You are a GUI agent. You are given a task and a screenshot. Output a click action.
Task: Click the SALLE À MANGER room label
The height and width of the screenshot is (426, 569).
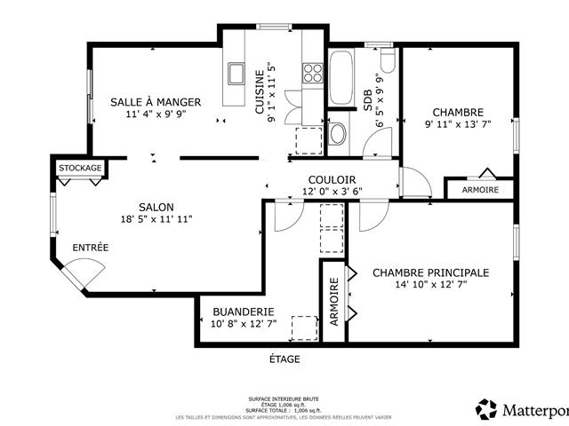pyautogui.click(x=156, y=102)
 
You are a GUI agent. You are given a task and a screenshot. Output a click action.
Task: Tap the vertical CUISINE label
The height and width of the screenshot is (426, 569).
pyautogui.click(x=260, y=90)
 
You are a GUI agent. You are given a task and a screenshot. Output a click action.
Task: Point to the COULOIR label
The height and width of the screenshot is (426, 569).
pyautogui.click(x=333, y=179)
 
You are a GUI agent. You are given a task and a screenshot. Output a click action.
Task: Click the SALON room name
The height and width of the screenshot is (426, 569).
pyautogui.click(x=156, y=207)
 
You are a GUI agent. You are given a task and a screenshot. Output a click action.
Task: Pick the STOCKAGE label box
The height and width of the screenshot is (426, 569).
pyautogui.click(x=80, y=168)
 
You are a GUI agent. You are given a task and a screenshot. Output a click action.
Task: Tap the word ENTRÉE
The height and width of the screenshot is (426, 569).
pyautogui.click(x=91, y=248)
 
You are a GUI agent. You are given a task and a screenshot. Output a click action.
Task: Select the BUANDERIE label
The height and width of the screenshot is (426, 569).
pyautogui.click(x=242, y=312)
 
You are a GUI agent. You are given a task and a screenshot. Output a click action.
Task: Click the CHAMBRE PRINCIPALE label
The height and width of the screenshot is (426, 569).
pyautogui.click(x=430, y=272)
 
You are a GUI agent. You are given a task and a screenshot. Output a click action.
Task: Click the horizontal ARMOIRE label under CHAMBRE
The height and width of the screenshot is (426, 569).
pyautogui.click(x=479, y=190)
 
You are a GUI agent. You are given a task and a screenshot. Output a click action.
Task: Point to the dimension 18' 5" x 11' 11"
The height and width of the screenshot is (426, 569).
pyautogui.click(x=156, y=219)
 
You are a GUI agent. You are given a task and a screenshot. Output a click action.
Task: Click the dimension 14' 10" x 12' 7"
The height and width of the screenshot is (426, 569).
pyautogui.click(x=430, y=285)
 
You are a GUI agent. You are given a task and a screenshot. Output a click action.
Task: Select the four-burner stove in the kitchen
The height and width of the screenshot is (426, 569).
pyautogui.click(x=312, y=73)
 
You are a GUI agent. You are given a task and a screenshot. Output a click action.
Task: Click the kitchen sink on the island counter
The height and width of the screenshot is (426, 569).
pyautogui.click(x=236, y=73)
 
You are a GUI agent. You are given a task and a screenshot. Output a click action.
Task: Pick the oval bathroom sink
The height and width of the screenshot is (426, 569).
pyautogui.click(x=337, y=134)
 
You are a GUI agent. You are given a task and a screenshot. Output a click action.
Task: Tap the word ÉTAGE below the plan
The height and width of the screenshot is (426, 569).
pyautogui.click(x=284, y=359)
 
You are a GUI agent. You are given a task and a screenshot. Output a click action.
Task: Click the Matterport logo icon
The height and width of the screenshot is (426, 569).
pyautogui.click(x=487, y=409)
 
